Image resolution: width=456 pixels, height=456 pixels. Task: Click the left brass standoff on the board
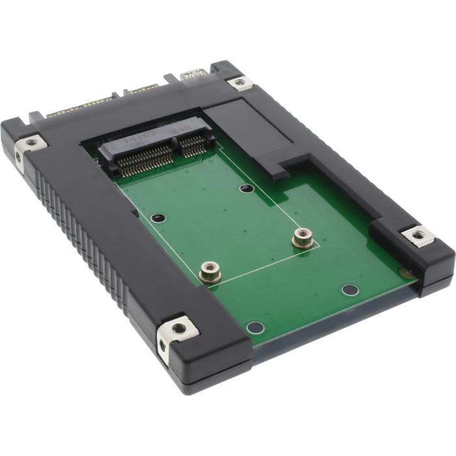(209, 269)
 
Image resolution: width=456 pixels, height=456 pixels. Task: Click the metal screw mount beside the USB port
(240, 82)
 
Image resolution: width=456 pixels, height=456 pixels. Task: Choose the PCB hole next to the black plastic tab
(246, 189)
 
